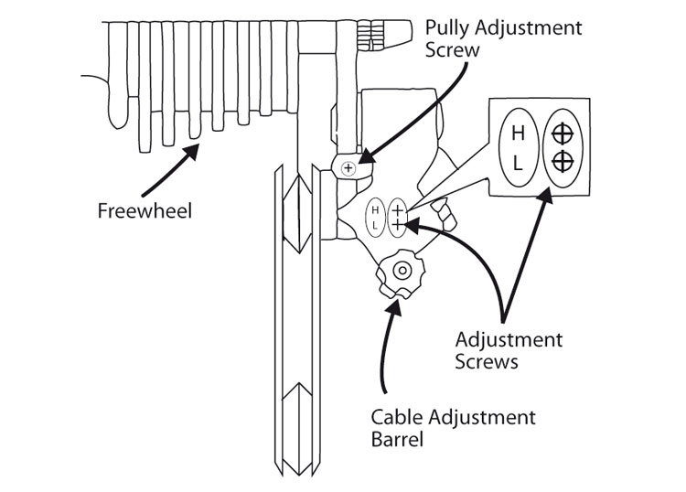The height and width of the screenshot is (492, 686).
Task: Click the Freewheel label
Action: point(137,211)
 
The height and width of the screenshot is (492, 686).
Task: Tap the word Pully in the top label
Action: point(447,28)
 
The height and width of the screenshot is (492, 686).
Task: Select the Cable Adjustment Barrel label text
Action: point(453,429)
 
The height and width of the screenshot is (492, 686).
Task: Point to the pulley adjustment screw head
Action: point(348,168)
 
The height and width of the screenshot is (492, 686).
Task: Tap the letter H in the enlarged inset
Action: point(518,134)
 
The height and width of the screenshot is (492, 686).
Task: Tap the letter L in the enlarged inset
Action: point(518,164)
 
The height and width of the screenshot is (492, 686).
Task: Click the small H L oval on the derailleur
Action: point(375,217)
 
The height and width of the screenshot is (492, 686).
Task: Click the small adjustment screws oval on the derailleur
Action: point(399,216)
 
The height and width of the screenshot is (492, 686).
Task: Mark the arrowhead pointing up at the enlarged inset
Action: point(547,193)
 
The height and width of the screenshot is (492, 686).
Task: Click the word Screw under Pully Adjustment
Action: point(453,50)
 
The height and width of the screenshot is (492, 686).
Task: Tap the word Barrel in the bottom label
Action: point(396,440)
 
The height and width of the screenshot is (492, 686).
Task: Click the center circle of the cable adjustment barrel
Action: point(401,270)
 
